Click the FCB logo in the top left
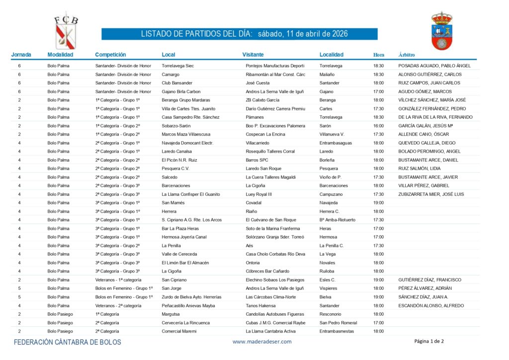(66, 31)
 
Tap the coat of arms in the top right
(441, 31)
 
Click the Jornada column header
(21, 55)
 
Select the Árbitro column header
(407, 55)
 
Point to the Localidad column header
(332, 55)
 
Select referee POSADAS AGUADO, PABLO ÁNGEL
(434, 66)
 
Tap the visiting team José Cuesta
(257, 83)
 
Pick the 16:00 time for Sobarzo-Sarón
(378, 126)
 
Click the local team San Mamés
(173, 203)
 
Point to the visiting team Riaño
(252, 211)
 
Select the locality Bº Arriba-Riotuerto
(338, 220)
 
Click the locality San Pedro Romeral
(338, 323)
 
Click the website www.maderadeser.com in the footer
(262, 342)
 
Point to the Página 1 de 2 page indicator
(429, 341)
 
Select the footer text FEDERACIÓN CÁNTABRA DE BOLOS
(67, 342)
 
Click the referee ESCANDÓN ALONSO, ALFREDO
(431, 305)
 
